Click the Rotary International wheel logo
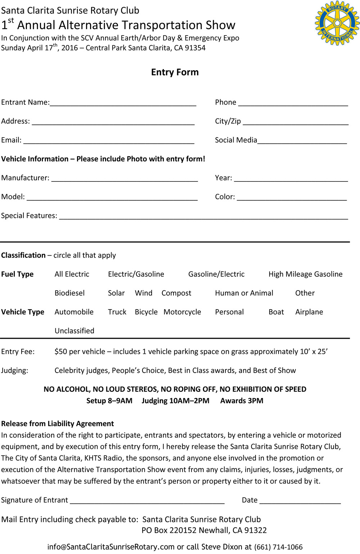click(337, 23)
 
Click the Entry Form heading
click(175, 72)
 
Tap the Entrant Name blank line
click(123, 104)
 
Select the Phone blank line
click(293, 104)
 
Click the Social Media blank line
click(302, 141)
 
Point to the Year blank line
click(291, 179)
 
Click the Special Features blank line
click(203, 217)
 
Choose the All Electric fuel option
click(72, 274)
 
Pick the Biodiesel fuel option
click(69, 293)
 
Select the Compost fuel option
click(176, 293)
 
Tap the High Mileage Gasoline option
click(305, 274)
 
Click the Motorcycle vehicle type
click(182, 312)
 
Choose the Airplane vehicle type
click(309, 312)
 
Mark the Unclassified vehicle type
click(74, 331)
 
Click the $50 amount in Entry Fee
click(61, 352)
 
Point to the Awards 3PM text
click(242, 401)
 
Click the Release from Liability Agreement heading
click(58, 424)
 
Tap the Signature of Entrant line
click(147, 501)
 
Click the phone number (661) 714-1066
click(278, 547)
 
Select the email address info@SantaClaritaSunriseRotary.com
click(111, 547)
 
